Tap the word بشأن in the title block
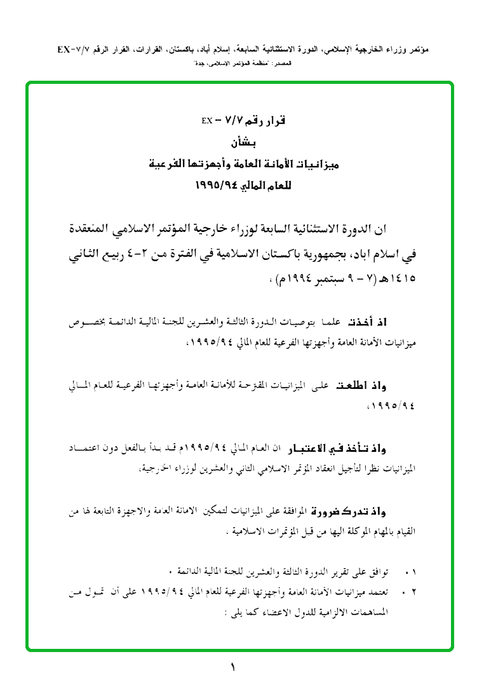click(242, 143)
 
